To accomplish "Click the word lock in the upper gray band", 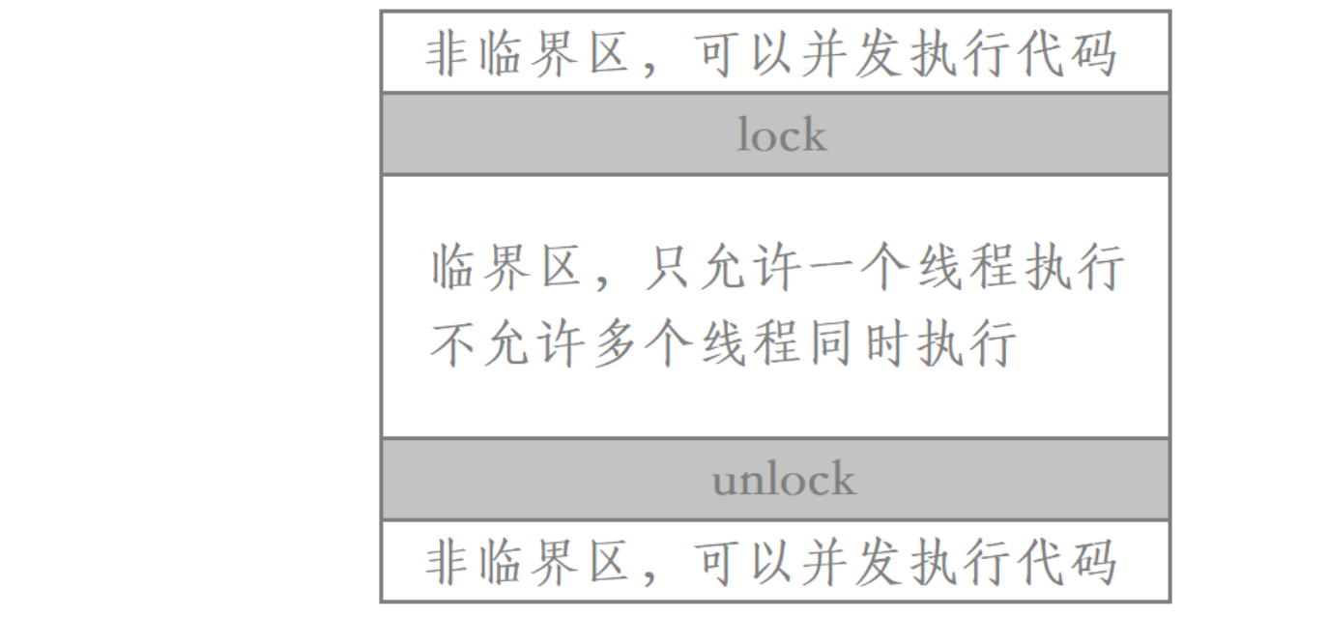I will pos(782,135).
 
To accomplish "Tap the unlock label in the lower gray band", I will pos(784,480).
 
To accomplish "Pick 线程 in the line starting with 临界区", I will pos(993,269).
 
